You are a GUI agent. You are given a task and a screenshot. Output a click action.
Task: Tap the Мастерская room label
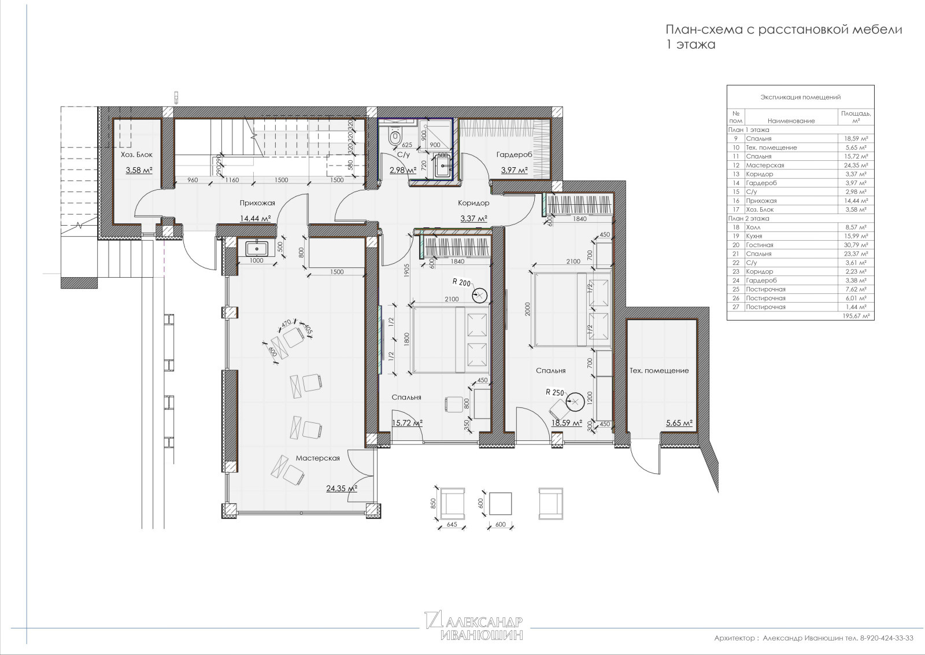[x=317, y=458]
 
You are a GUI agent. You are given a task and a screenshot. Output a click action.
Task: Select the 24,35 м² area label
[x=342, y=488]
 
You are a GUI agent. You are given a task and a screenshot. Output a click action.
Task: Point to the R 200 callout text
[x=461, y=283]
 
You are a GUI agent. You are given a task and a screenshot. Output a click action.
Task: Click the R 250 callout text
[x=554, y=392]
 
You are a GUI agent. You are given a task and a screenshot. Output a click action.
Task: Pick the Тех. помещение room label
[x=658, y=370]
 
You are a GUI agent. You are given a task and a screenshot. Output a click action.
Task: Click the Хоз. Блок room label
[x=136, y=154]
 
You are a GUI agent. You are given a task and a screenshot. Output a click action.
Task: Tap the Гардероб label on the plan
[x=514, y=154]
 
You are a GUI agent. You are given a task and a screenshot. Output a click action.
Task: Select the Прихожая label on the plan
[x=257, y=203]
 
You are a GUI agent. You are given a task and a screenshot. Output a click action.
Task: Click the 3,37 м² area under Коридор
[x=473, y=218]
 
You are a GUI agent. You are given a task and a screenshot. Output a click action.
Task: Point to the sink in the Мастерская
[x=257, y=249]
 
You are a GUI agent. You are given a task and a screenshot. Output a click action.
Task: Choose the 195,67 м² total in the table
[x=856, y=316]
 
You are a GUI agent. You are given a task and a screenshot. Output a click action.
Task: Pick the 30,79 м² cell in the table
[x=856, y=245]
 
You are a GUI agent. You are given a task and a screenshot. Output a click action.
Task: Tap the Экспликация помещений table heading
[x=801, y=97]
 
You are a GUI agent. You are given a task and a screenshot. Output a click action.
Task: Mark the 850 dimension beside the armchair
[x=433, y=504]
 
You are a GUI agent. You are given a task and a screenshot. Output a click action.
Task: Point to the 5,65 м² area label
[x=679, y=423]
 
